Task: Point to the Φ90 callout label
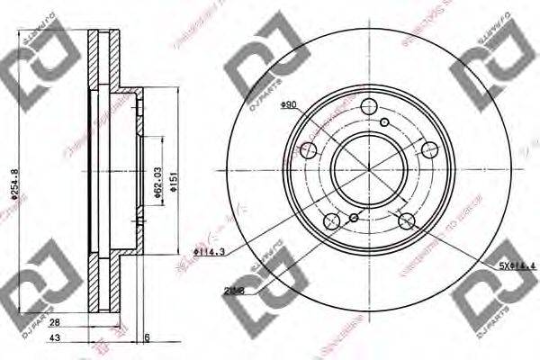point(290,105)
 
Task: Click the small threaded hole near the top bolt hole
point(384,123)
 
